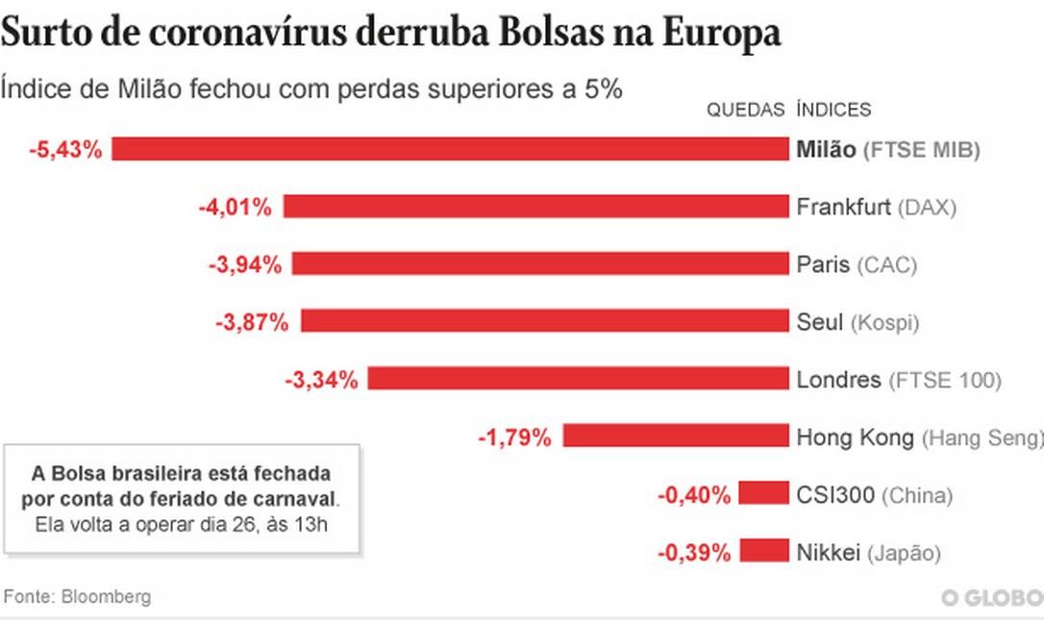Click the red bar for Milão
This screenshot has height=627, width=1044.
[x=450, y=149]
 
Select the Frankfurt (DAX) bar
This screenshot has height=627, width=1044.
[x=535, y=206]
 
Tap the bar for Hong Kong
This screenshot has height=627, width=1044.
[x=675, y=437]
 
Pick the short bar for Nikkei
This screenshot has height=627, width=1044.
[x=764, y=552]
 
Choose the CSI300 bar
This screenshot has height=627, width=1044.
[x=764, y=494]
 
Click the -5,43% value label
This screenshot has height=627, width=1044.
[x=65, y=149]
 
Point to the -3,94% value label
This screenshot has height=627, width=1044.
[x=245, y=264]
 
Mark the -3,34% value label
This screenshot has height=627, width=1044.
[x=321, y=380]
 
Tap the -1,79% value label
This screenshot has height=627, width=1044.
[x=515, y=438]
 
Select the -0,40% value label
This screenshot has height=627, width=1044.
[x=694, y=495]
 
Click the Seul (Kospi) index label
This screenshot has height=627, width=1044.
[x=858, y=322]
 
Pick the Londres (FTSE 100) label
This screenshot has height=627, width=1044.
[x=899, y=380]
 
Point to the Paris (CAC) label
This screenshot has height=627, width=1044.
[x=857, y=264]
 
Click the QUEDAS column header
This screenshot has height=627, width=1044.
[x=746, y=110]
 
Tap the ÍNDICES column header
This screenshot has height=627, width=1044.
[x=833, y=110]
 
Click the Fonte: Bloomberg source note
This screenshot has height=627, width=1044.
[x=77, y=596]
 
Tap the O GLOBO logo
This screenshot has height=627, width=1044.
[x=991, y=598]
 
